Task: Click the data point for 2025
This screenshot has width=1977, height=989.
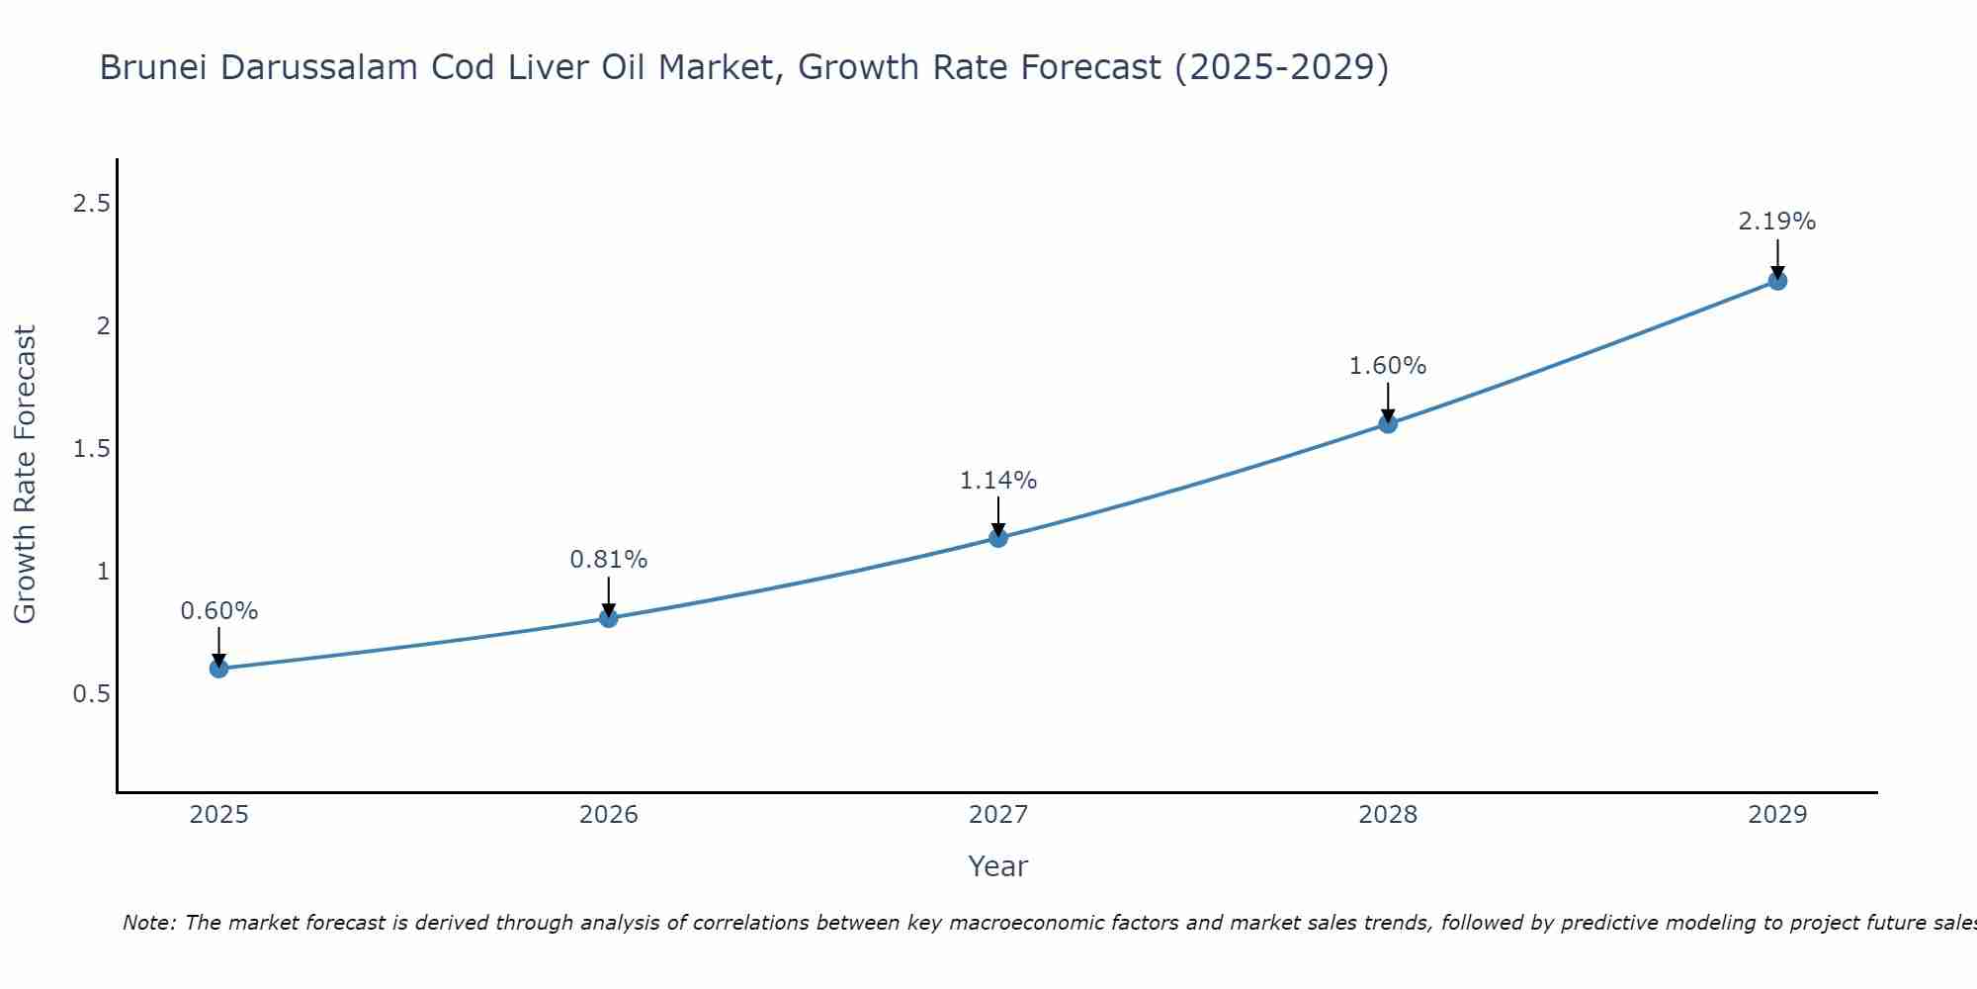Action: pyautogui.click(x=219, y=669)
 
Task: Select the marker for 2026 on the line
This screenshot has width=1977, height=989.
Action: pyautogui.click(x=609, y=618)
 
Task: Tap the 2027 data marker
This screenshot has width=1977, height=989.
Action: pyautogui.click(x=998, y=538)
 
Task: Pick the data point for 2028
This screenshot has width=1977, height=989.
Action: pyautogui.click(x=1388, y=424)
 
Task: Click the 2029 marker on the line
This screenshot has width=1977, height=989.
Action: pyautogui.click(x=1777, y=281)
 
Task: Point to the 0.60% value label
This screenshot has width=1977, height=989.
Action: pyautogui.click(x=219, y=611)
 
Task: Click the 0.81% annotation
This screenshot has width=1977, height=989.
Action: pyautogui.click(x=609, y=560)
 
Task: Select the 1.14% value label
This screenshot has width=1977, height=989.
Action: pyautogui.click(x=998, y=481)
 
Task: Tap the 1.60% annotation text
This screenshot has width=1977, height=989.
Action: pyautogui.click(x=1388, y=366)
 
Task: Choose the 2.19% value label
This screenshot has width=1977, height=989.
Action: pyautogui.click(x=1777, y=222)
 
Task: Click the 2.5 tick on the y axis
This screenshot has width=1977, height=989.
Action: pyautogui.click(x=91, y=204)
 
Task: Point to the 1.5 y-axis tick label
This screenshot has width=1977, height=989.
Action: pyautogui.click(x=91, y=449)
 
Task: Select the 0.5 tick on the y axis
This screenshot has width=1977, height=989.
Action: pyautogui.click(x=91, y=694)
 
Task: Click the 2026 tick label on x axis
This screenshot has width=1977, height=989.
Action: pyautogui.click(x=609, y=815)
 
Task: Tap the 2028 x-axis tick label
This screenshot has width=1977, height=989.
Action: pyautogui.click(x=1388, y=815)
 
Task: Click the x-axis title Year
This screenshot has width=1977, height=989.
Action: pyautogui.click(x=998, y=866)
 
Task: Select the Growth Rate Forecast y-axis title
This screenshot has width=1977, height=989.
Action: pyautogui.click(x=26, y=475)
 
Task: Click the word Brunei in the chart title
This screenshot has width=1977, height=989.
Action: pyautogui.click(x=154, y=68)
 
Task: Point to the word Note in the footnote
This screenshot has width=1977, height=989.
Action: pyautogui.click(x=148, y=923)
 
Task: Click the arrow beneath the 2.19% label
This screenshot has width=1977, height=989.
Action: pyautogui.click(x=1777, y=257)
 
